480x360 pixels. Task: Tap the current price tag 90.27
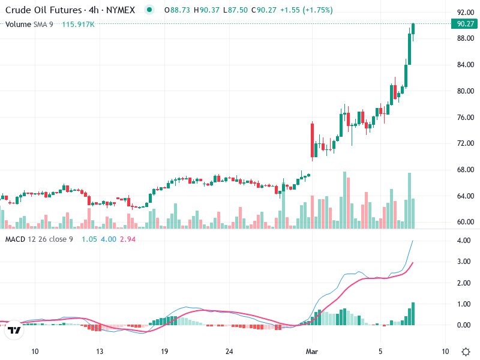466,24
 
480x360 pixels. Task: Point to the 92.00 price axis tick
466,12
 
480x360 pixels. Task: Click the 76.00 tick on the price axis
466,117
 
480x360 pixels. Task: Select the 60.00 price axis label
466,222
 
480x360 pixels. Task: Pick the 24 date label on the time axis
229,351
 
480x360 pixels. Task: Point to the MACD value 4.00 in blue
109,239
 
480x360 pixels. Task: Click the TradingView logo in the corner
14,329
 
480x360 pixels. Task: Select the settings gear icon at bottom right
466,351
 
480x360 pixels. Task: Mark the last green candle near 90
413,29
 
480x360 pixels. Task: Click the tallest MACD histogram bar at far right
413,314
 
